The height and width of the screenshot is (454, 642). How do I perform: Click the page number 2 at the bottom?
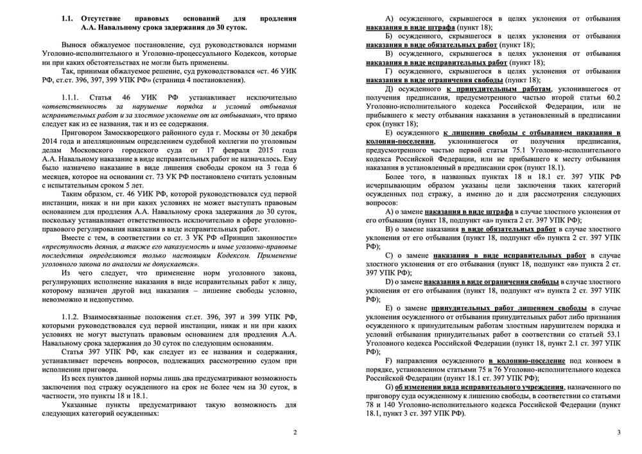tap(294, 432)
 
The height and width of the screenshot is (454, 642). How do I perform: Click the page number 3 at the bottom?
tap(618, 432)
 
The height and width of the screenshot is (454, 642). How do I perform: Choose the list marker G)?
tap(389, 387)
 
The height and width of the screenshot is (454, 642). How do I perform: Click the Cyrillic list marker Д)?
tap(389, 89)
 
